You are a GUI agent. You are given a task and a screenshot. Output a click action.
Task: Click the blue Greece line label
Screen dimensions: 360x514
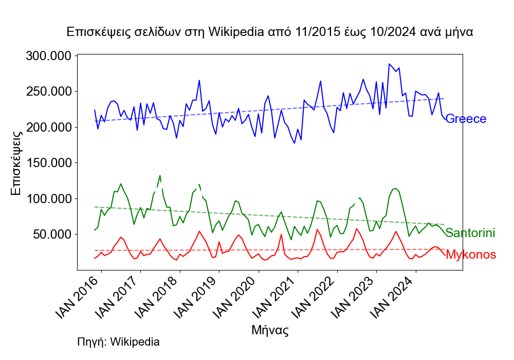(x=466, y=119)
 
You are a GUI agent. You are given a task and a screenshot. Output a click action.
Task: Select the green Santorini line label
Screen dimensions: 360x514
(x=470, y=233)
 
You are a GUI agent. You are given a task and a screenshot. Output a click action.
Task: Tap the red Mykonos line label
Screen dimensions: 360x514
(x=471, y=255)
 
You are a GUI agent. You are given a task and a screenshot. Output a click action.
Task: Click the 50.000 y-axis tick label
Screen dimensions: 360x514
(x=50, y=234)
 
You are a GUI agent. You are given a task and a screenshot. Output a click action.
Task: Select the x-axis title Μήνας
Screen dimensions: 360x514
(x=270, y=330)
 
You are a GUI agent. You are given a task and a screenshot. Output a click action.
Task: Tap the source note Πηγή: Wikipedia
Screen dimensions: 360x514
(x=118, y=341)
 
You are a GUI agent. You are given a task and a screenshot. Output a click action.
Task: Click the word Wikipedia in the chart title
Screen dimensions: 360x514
(x=237, y=32)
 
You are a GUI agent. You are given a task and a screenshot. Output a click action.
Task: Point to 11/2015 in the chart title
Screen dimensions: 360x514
(x=314, y=32)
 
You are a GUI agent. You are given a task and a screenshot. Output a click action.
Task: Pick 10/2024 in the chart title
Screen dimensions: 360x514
(x=391, y=32)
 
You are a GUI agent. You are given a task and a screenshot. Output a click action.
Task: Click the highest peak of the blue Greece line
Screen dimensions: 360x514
(x=390, y=64)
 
